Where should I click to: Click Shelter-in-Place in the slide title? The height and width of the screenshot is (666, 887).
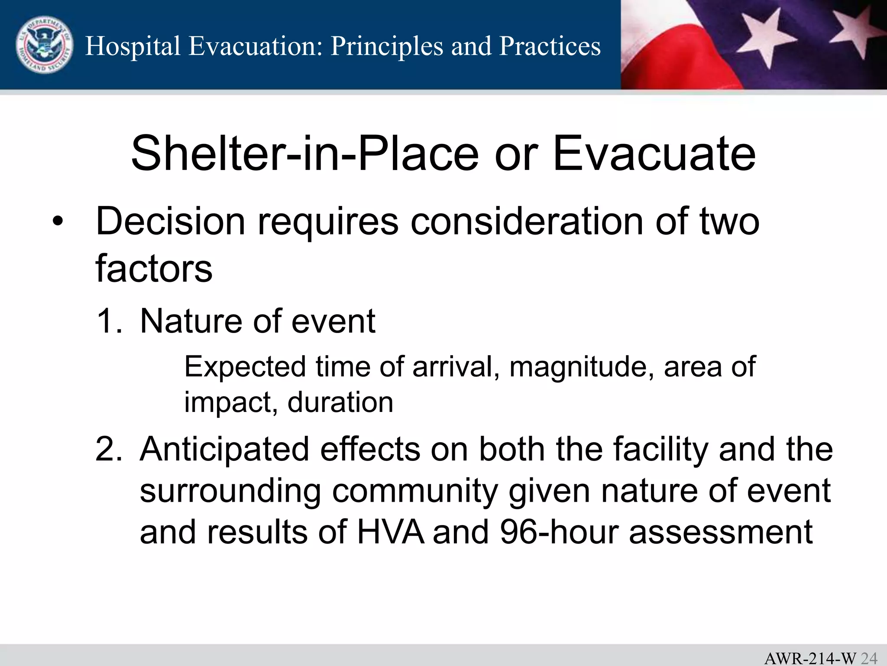point(304,153)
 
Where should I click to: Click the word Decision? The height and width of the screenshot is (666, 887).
point(170,222)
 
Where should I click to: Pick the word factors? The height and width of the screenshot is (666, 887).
point(154,269)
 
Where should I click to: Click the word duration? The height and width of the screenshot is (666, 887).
point(340,402)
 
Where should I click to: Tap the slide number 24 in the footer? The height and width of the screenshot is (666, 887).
point(868,658)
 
